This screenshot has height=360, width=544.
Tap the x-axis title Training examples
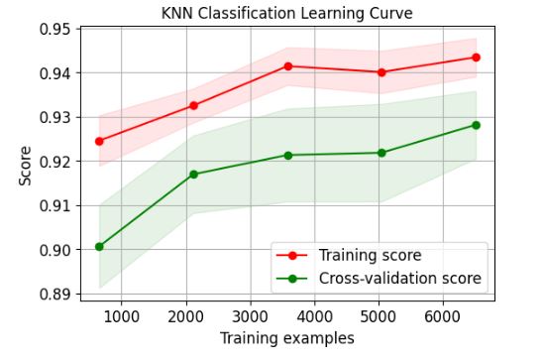pyautogui.click(x=287, y=338)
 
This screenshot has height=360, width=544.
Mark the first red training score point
pyautogui.click(x=99, y=141)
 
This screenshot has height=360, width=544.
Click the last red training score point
pyautogui.click(x=476, y=57)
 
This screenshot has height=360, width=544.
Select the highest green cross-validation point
pyautogui.click(x=476, y=125)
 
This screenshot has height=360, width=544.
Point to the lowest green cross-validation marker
pyautogui.click(x=99, y=246)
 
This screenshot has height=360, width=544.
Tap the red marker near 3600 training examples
pyautogui.click(x=287, y=65)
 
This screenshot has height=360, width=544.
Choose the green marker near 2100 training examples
pyautogui.click(x=193, y=175)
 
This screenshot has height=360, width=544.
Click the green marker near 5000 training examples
pyautogui.click(x=381, y=153)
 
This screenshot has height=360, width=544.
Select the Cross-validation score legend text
pyautogui.click(x=399, y=279)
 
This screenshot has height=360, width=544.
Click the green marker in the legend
pyautogui.click(x=294, y=279)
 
